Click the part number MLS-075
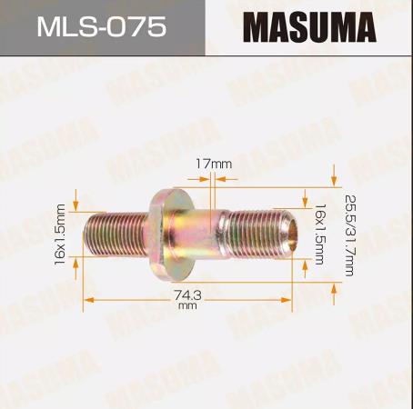coord(102,26)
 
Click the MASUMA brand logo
coord(309,27)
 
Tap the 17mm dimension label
coord(213,164)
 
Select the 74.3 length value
coord(187,294)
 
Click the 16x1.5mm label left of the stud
coord(60,234)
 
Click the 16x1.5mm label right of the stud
coord(319,234)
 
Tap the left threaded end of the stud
coord(116,234)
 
